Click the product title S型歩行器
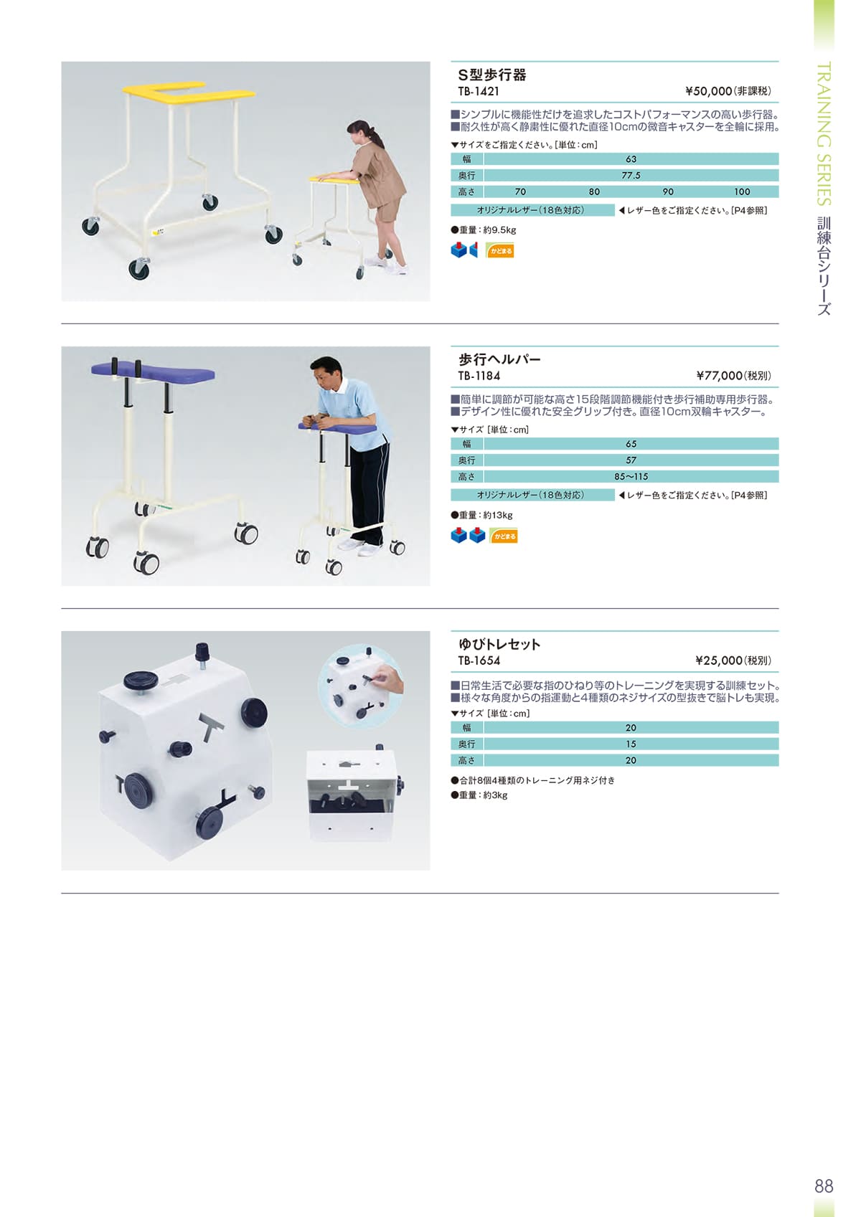(492, 75)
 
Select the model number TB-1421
(479, 92)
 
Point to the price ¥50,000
(708, 91)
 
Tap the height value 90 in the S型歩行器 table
(668, 191)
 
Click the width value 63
(631, 159)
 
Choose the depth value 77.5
(631, 176)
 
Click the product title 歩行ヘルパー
(499, 359)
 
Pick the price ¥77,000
(719, 376)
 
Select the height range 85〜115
(631, 477)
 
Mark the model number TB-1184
(479, 376)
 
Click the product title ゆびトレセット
(499, 644)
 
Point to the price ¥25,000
(718, 660)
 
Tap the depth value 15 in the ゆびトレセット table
(631, 744)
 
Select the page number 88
(824, 1186)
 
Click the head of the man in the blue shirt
(327, 371)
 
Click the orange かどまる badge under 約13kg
(504, 536)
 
